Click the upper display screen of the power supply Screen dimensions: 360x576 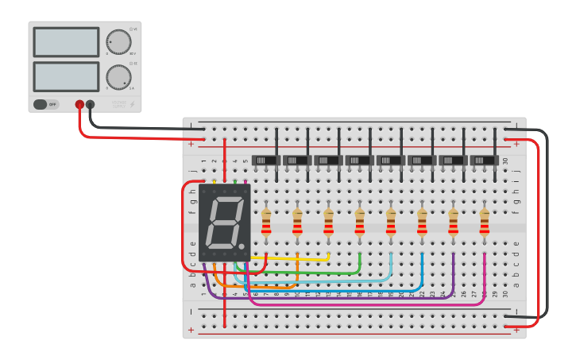point(66,42)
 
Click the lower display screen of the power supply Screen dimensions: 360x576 point(66,76)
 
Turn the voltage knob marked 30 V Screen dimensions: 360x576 point(118,42)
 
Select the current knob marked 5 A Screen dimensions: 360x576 point(118,77)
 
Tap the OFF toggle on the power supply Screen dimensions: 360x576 point(45,104)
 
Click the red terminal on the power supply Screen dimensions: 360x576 point(79,104)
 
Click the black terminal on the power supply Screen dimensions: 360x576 point(91,104)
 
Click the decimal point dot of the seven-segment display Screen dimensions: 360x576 point(242,246)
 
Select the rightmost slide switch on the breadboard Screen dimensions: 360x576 point(484,161)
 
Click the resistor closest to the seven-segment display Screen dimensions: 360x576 point(266,223)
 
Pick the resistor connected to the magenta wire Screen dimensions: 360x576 point(485,223)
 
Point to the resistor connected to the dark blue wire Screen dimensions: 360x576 point(422,223)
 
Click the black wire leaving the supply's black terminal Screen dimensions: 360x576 point(143,127)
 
